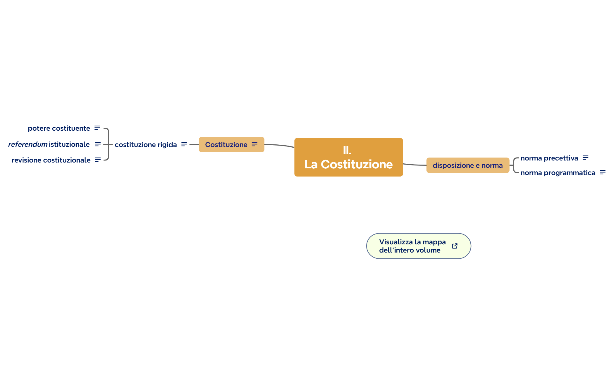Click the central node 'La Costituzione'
pyautogui.click(x=348, y=164)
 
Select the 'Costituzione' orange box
pyautogui.click(x=226, y=145)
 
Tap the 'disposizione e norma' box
pyautogui.click(x=467, y=165)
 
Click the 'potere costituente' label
pyautogui.click(x=59, y=128)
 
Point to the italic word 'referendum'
pyautogui.click(x=28, y=144)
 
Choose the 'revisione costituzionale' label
pyautogui.click(x=51, y=160)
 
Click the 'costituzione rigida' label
pyautogui.click(x=146, y=145)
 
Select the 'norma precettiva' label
pyautogui.click(x=549, y=158)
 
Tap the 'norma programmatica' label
pyautogui.click(x=558, y=173)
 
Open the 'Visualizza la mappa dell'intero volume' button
pyautogui.click(x=412, y=246)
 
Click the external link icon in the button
pyautogui.click(x=455, y=246)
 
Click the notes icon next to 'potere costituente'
pyautogui.click(x=97, y=128)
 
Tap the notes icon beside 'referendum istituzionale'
pyautogui.click(x=98, y=144)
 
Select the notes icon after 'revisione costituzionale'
pyautogui.click(x=98, y=160)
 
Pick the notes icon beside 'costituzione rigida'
pyautogui.click(x=184, y=144)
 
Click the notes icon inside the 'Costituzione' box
pyautogui.click(x=254, y=144)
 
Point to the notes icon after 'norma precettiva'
pyautogui.click(x=585, y=158)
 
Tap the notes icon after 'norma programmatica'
pyautogui.click(x=603, y=172)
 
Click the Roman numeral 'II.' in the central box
pyautogui.click(x=347, y=151)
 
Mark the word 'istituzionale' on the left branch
pyautogui.click(x=69, y=144)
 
